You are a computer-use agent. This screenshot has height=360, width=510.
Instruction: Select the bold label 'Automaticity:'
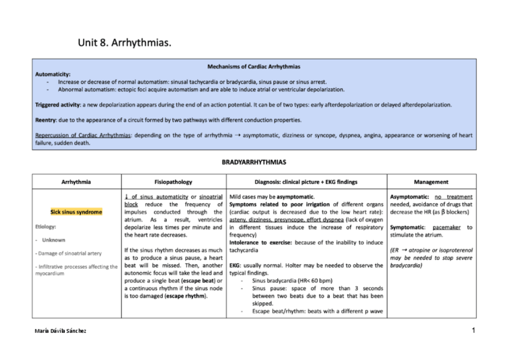click(x=53, y=73)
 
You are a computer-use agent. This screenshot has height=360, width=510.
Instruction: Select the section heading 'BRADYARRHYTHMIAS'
click(x=254, y=162)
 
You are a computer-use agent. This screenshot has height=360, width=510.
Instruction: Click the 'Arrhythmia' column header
click(x=76, y=182)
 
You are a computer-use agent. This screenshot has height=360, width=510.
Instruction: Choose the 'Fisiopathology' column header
click(x=173, y=182)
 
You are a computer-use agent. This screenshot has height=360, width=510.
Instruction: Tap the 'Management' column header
click(x=431, y=182)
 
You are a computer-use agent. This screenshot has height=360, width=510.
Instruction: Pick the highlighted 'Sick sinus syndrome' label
click(x=76, y=212)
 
